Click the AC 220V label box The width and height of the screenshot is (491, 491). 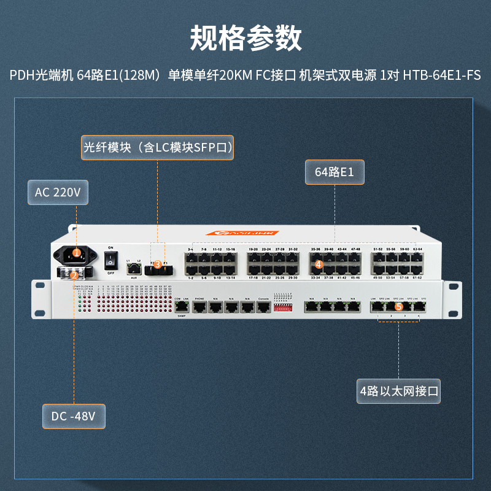pos(58,192)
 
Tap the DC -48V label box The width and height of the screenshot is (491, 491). pos(74,416)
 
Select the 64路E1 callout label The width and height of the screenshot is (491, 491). pos(334,172)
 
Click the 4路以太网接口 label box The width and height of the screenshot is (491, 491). pos(400,390)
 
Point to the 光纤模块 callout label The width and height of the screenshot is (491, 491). pos(158,148)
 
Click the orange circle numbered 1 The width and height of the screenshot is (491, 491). pos(76,252)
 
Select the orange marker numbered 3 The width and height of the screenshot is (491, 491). pos(158,265)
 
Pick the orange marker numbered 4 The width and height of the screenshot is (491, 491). pos(319,265)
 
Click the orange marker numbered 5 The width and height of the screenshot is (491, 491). pos(398,305)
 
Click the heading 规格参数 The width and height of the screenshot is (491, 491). pos(245,38)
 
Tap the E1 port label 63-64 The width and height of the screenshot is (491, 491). pos(417,250)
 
